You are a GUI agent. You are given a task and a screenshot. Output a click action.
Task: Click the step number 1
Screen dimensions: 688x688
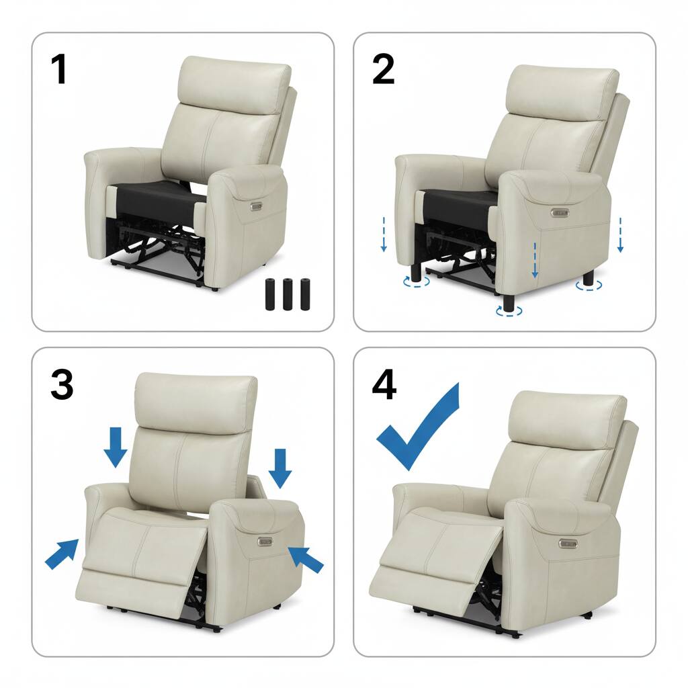coord(60,69)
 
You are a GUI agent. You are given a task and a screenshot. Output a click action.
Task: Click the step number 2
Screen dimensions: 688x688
coord(383,69)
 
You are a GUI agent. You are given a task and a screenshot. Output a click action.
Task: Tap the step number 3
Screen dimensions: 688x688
coord(62,384)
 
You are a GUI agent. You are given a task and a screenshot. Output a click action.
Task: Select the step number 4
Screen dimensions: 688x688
coord(384,385)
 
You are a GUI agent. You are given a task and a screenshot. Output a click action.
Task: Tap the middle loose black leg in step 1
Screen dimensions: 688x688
coord(288,294)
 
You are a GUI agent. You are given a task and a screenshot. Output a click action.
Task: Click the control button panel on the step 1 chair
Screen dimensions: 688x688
coord(256,206)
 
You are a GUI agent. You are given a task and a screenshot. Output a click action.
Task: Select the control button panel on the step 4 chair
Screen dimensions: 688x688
coord(568,544)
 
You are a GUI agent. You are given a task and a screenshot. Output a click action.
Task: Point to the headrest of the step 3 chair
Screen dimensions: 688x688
coord(196,400)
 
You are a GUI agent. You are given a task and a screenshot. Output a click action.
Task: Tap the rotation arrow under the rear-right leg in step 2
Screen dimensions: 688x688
coord(589,286)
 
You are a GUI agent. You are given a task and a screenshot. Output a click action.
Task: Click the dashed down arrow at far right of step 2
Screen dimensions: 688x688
coord(620,234)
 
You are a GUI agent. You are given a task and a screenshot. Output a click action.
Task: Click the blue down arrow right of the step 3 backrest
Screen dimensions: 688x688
coord(280,468)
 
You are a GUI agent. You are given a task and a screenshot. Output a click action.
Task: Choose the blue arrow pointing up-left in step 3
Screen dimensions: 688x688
coord(306,559)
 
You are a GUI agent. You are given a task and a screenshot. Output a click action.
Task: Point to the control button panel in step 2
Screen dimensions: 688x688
coord(560,213)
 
